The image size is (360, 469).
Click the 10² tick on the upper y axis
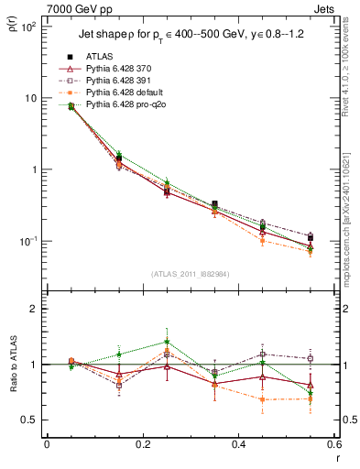29,27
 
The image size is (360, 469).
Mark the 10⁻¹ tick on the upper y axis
29,241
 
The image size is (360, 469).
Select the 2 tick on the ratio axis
35,309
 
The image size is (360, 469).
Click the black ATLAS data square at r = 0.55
311,237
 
